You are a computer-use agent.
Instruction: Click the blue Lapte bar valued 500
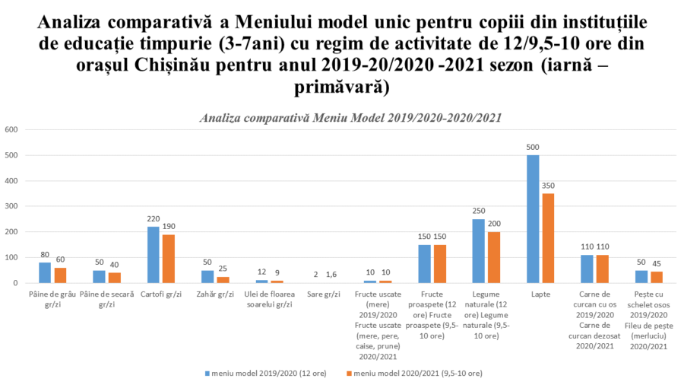[x=533, y=218]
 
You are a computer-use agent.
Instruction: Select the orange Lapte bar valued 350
[x=547, y=237]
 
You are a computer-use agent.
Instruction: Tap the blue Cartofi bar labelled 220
[x=154, y=254]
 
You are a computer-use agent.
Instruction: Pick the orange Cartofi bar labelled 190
[x=168, y=258]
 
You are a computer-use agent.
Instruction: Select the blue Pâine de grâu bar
[x=45, y=272]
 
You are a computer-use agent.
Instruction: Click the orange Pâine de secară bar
[x=114, y=278]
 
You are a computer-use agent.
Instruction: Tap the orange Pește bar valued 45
[x=656, y=277]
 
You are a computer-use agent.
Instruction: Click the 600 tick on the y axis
[x=11, y=129]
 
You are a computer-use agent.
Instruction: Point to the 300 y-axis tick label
[x=11, y=206]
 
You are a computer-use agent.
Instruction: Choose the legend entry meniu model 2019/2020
[x=250, y=373]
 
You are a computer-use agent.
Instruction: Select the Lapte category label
[x=540, y=294]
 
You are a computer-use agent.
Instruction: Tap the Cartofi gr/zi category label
[x=160, y=294]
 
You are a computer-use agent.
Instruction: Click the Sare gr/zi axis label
[x=323, y=294]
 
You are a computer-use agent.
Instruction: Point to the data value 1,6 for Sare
[x=331, y=274]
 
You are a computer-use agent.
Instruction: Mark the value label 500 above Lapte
[x=533, y=147]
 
